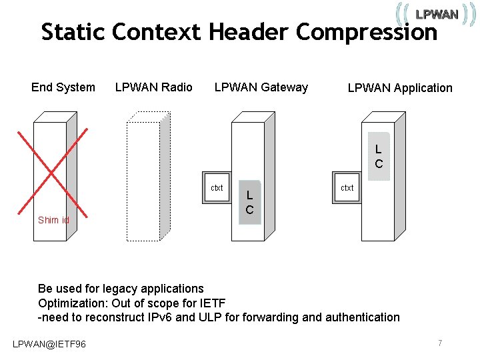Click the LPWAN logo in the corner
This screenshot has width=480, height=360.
(436, 13)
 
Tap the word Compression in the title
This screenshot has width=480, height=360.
(367, 31)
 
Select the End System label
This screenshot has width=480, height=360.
(63, 87)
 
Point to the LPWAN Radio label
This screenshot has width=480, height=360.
(154, 87)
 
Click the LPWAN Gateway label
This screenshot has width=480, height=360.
(261, 87)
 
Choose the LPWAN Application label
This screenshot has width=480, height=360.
(400, 88)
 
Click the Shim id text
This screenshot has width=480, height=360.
(53, 220)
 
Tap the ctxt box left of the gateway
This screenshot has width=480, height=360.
(217, 189)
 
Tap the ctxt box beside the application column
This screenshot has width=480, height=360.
(347, 189)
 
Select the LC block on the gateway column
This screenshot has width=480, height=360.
(250, 202)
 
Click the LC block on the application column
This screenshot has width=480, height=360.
(379, 157)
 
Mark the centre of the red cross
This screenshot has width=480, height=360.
(52, 172)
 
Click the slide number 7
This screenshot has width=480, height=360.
(440, 343)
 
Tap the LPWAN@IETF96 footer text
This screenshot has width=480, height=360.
(49, 343)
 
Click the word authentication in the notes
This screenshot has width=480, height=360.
(363, 317)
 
